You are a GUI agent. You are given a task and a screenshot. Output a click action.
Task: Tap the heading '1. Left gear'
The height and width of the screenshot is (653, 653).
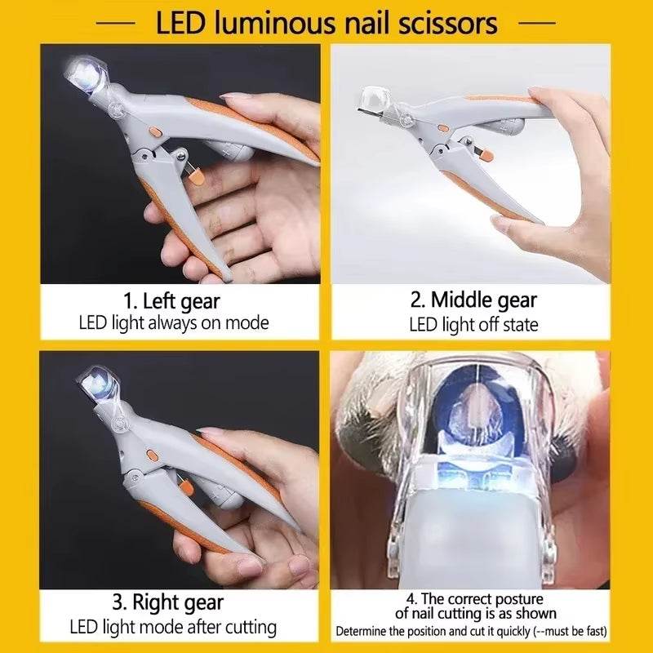173,301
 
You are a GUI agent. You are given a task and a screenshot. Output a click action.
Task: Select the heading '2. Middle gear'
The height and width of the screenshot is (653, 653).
473,300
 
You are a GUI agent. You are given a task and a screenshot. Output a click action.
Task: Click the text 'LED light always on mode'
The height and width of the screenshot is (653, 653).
174,322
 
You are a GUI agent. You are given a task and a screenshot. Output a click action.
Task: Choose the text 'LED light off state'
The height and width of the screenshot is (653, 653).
473,324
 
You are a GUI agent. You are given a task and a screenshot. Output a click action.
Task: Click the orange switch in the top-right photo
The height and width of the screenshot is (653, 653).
442,128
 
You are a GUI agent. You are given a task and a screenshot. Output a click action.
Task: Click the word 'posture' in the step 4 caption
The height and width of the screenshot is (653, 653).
509,600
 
